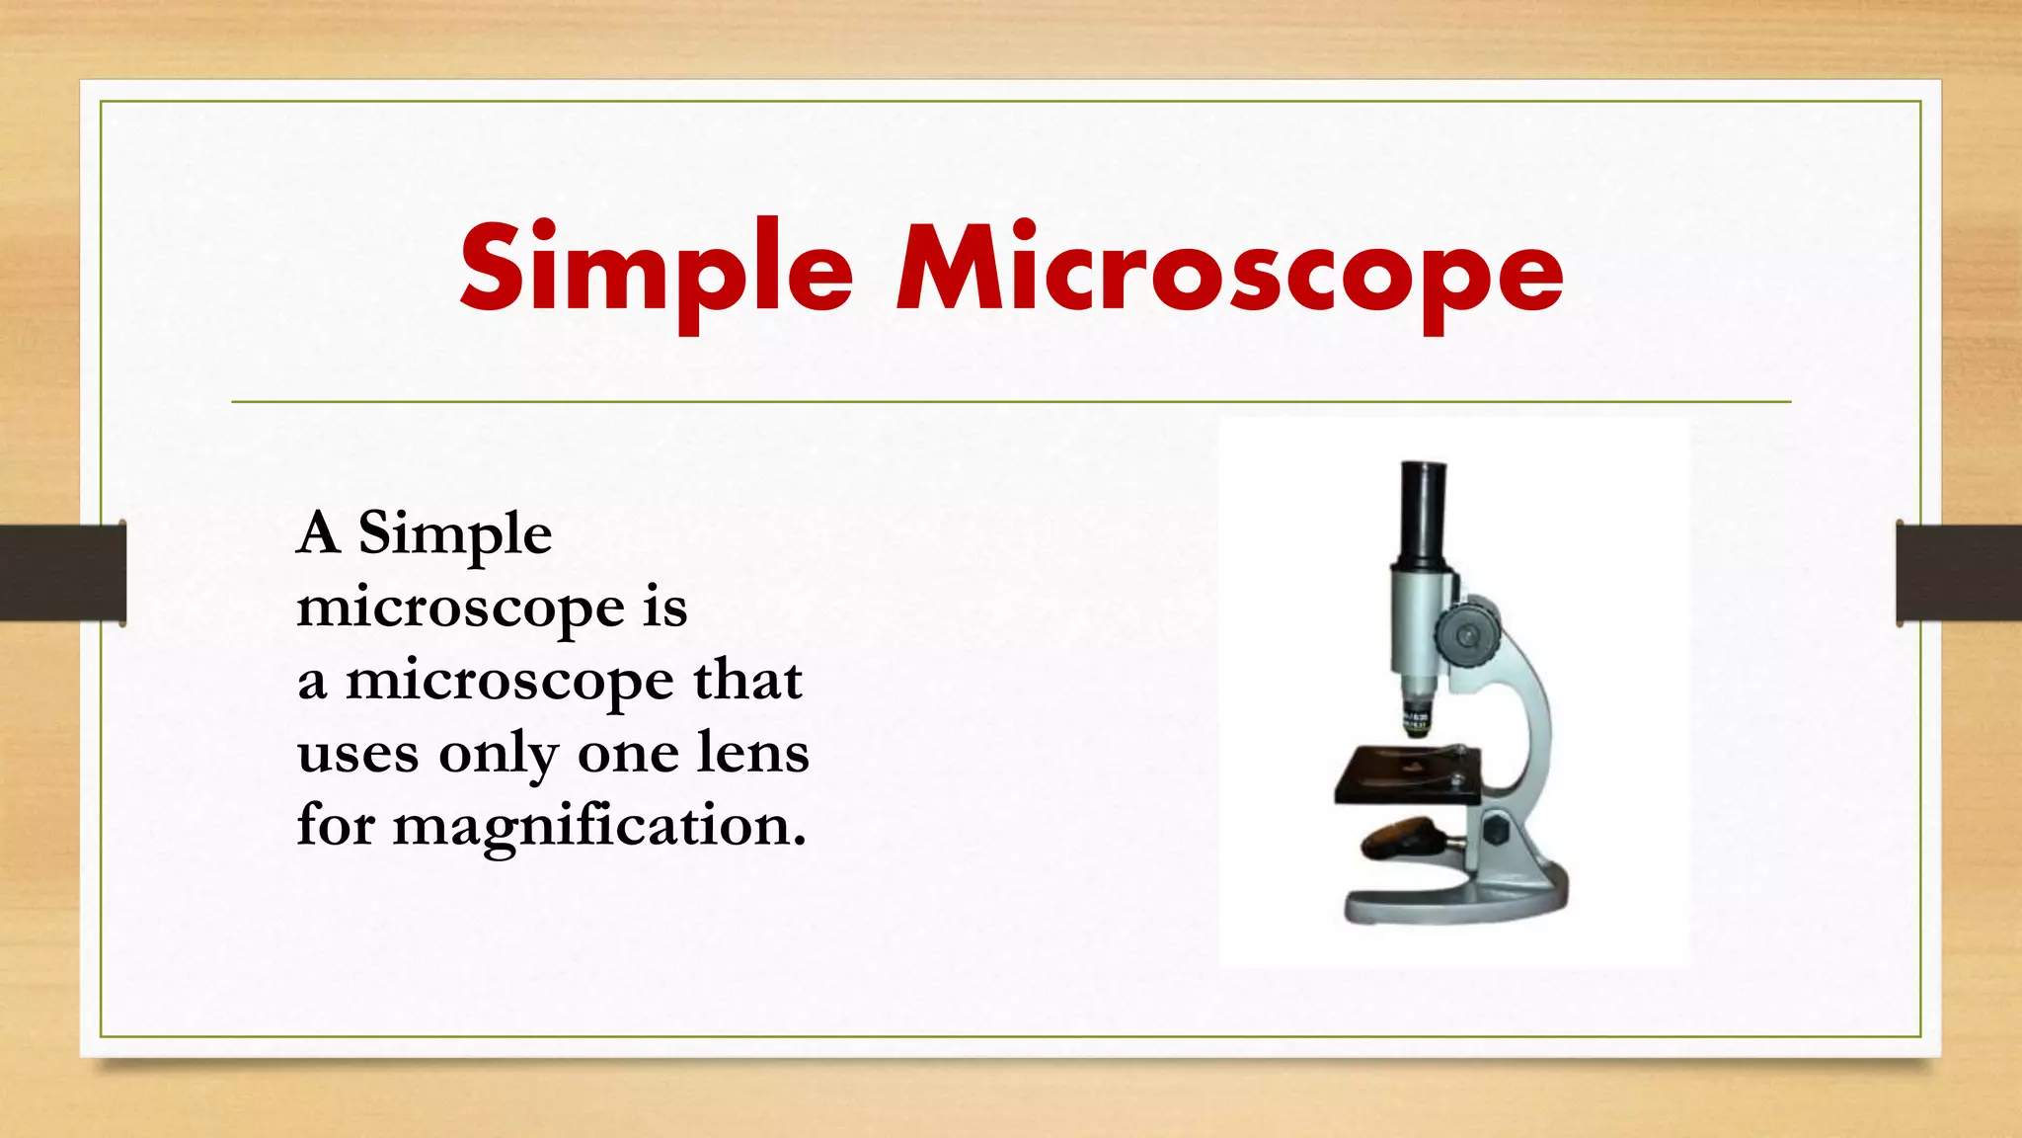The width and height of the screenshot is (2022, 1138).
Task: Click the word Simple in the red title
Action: coord(656,269)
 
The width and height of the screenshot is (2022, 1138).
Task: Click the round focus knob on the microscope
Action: coord(1467,632)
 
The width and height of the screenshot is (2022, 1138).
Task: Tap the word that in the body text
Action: coord(747,681)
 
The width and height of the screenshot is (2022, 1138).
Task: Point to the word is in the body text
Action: coord(664,607)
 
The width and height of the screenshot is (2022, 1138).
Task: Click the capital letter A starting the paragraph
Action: coord(319,533)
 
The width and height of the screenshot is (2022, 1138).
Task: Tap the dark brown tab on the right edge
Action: coord(1959,573)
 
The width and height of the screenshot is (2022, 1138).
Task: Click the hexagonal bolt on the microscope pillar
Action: coord(1497,829)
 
